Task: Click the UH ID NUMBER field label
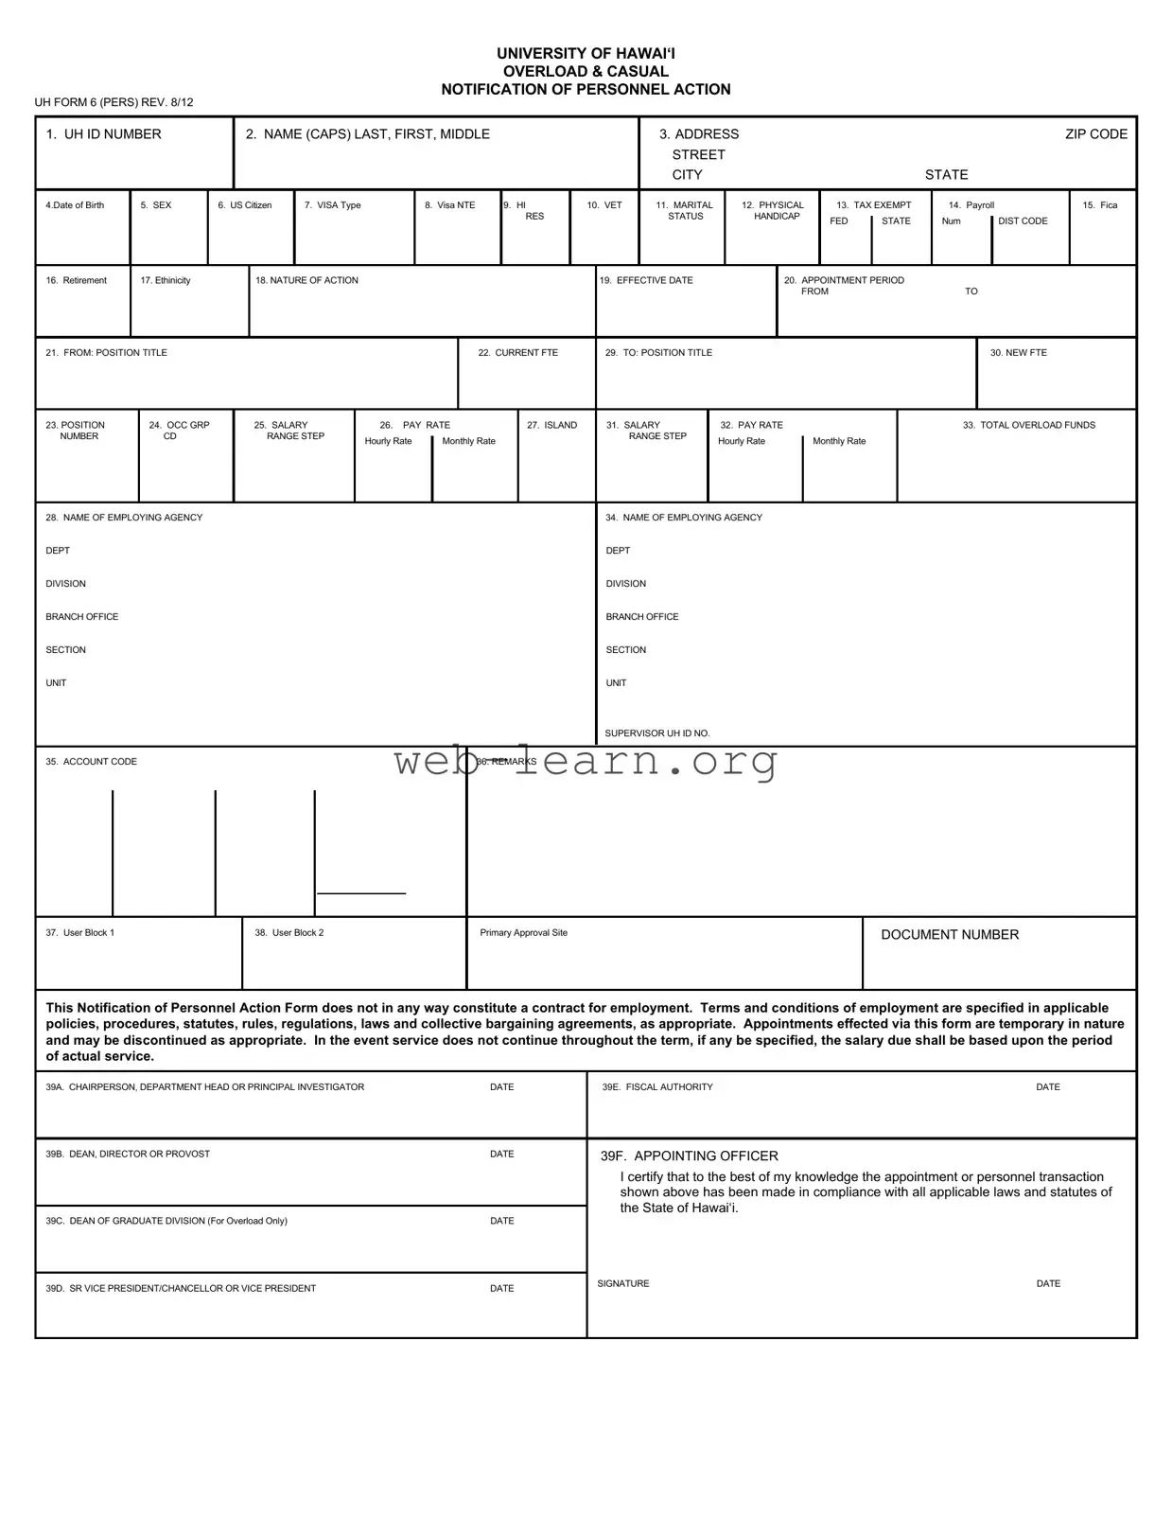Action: [103, 134]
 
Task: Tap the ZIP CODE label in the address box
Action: [1095, 134]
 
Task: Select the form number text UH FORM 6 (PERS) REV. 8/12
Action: [114, 102]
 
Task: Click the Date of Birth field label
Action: [75, 205]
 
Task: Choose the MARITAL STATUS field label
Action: [685, 210]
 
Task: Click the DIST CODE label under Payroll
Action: [1023, 221]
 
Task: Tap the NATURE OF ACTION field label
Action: [306, 281]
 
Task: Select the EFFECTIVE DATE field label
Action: [646, 281]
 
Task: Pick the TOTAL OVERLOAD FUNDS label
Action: [1028, 426]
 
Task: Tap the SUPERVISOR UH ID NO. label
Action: [656, 733]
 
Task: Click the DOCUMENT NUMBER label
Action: [950, 935]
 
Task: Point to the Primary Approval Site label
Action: [523, 933]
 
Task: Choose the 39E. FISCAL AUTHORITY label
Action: [657, 1087]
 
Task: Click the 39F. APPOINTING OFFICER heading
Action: [689, 1156]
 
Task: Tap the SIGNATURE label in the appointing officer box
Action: [623, 1284]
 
